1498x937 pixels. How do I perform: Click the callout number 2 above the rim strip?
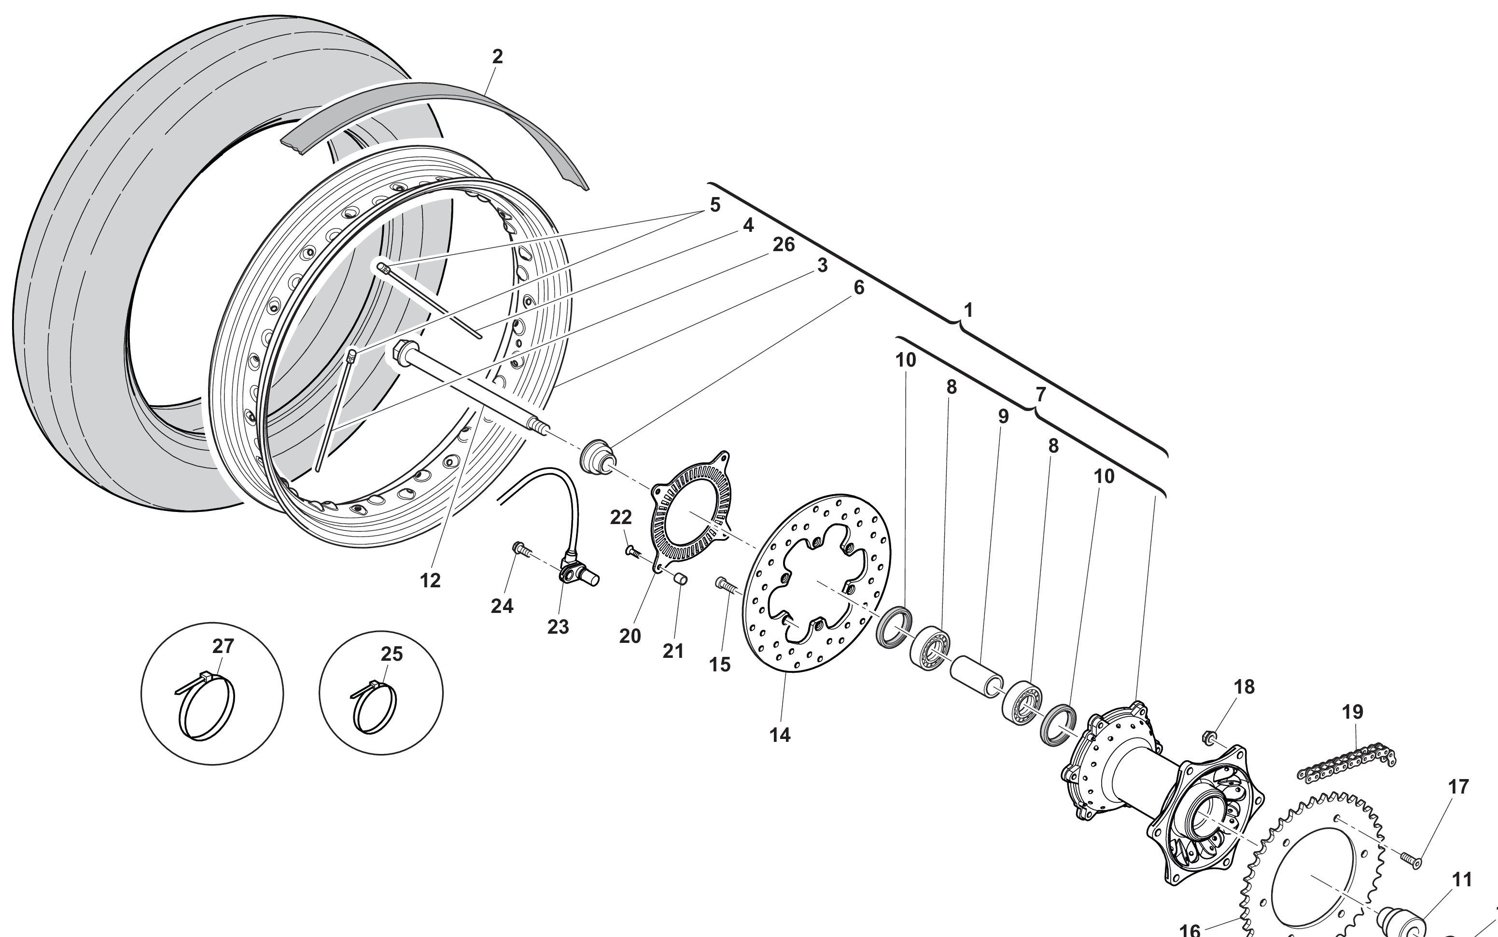coord(497,57)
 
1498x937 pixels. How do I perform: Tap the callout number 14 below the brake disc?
coord(780,735)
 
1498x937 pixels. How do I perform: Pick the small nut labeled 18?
coord(1207,738)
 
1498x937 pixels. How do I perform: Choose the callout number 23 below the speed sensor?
coord(558,627)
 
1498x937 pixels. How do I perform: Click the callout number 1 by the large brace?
coord(968,311)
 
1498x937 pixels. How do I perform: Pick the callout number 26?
coord(784,245)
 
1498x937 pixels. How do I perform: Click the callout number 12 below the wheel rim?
coord(430,581)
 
